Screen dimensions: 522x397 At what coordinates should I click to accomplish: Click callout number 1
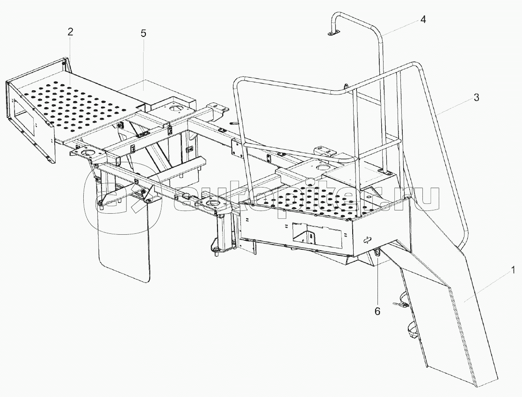pyautogui.click(x=513, y=269)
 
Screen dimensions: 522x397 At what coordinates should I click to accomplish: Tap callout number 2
pyautogui.click(x=70, y=32)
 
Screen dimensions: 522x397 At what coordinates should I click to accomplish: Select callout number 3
pyautogui.click(x=476, y=98)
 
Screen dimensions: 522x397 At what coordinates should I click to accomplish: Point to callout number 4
pyautogui.click(x=423, y=20)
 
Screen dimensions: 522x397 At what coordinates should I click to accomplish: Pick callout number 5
pyautogui.click(x=144, y=33)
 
